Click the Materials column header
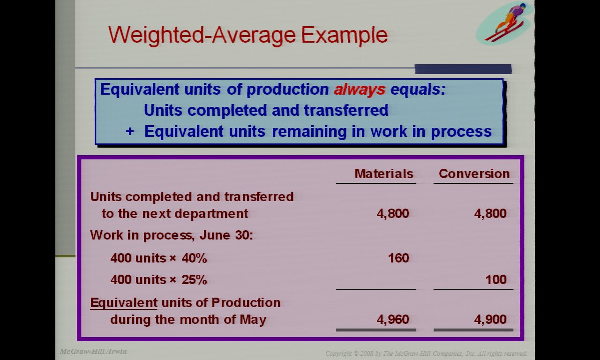pyautogui.click(x=383, y=174)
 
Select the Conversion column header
pyautogui.click(x=474, y=174)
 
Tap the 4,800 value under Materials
pyautogui.click(x=393, y=214)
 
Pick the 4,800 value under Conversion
pyautogui.click(x=490, y=214)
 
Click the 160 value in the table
pyautogui.click(x=398, y=258)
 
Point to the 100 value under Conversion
pyautogui.click(x=496, y=280)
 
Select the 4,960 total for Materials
pyautogui.click(x=393, y=320)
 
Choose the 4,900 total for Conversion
pyautogui.click(x=490, y=320)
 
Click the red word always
pyautogui.click(x=360, y=90)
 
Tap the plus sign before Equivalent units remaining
pyautogui.click(x=130, y=132)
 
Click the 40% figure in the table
pyautogui.click(x=194, y=258)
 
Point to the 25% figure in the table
pyautogui.click(x=194, y=280)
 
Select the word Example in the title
pyautogui.click(x=344, y=35)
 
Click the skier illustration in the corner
pyautogui.click(x=502, y=23)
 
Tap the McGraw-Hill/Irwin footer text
pyautogui.click(x=93, y=352)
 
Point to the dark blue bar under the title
pyautogui.click(x=463, y=69)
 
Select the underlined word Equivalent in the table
pyautogui.click(x=124, y=303)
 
